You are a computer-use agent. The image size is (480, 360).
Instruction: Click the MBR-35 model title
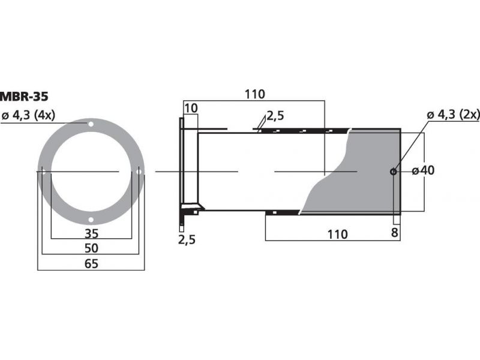[24, 97]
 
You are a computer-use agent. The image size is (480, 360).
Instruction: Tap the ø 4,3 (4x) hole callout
[28, 116]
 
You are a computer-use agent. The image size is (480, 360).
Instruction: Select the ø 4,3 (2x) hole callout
[453, 115]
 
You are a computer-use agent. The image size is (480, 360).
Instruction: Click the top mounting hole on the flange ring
[91, 124]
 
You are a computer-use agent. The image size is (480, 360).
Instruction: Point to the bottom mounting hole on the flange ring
[91, 220]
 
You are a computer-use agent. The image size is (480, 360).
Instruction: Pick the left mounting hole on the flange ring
[43, 172]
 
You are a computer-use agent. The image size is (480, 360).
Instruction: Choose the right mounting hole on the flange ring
[139, 172]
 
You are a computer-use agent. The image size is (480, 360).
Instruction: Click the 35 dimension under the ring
[92, 234]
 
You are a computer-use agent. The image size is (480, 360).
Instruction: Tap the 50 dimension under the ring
[92, 248]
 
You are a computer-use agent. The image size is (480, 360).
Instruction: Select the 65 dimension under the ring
[91, 263]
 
